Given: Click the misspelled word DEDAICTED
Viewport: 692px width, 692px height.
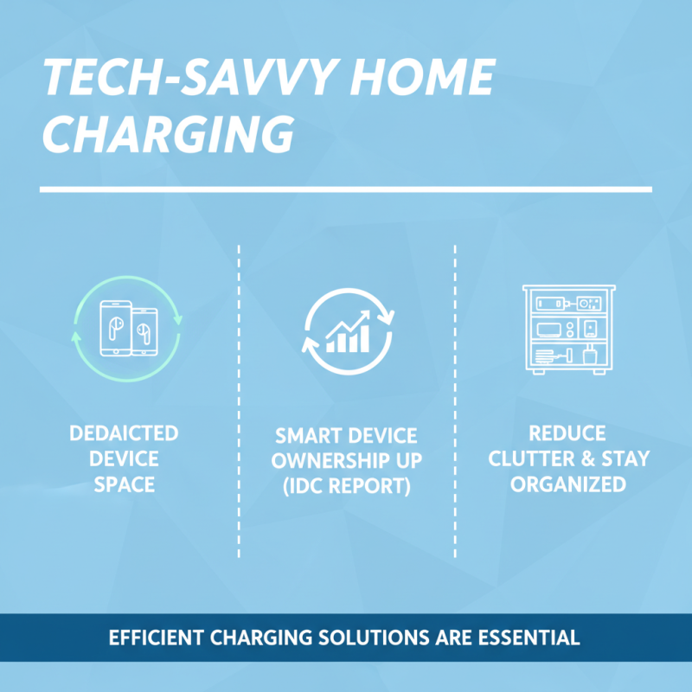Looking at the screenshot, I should tap(124, 432).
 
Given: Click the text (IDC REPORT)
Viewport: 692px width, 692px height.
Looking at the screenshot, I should tap(346, 486).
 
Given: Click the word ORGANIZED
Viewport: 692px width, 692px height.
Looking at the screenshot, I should tap(568, 484).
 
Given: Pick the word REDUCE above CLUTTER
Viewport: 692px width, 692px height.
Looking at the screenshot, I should tap(568, 432).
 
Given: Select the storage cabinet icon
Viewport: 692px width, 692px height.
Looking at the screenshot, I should tap(568, 329).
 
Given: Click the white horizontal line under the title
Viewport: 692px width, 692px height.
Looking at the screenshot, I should tap(346, 189).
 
